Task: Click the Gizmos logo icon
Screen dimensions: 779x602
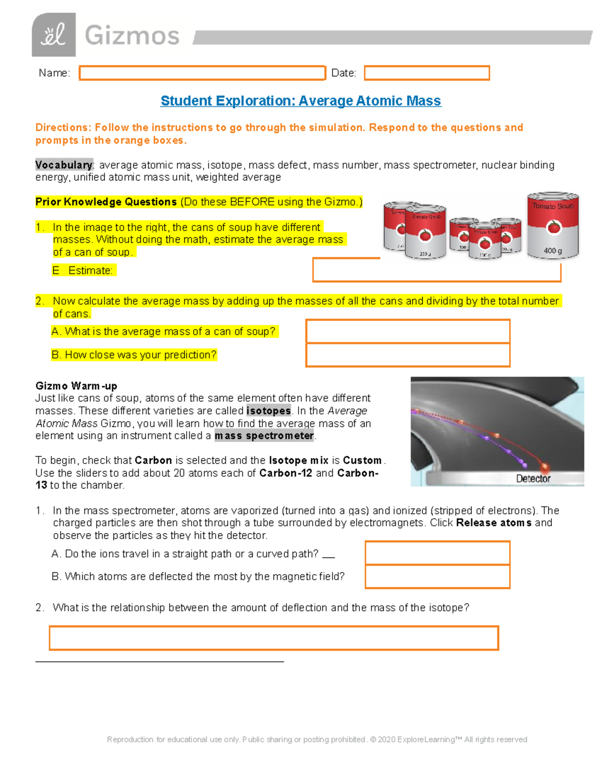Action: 54,35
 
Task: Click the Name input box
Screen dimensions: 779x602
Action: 202,73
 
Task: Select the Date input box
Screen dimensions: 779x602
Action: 426,73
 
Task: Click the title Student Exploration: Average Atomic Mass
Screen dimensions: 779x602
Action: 300,101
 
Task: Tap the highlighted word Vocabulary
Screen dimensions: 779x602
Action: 64,165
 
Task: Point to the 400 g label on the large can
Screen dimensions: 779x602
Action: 552,251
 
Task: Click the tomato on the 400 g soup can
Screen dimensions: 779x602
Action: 553,227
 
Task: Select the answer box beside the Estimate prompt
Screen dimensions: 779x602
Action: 436,271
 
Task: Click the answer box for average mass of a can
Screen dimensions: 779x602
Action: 407,332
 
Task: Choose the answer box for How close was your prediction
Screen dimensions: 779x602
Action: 407,355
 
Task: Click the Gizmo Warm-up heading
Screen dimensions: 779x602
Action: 76,386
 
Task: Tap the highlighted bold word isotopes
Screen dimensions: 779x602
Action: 268,411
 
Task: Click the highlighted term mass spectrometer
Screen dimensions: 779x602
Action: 264,436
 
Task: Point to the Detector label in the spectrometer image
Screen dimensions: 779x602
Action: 533,479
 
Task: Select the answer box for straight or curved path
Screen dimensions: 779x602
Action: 437,553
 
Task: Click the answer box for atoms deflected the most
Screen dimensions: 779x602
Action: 437,576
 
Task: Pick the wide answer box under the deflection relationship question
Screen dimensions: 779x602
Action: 273,638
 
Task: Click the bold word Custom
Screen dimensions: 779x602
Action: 362,460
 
